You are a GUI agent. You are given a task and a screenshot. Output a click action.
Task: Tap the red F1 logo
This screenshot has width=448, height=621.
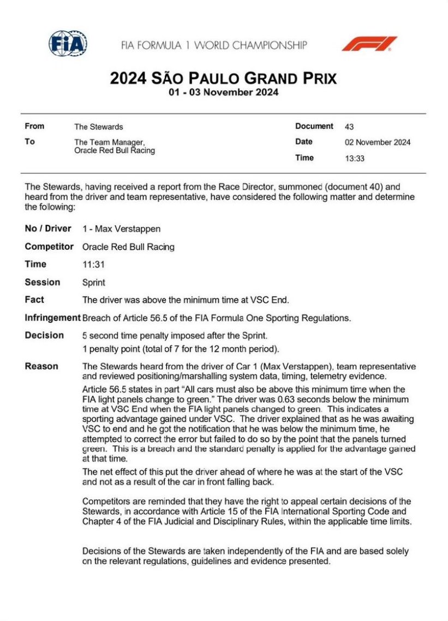point(369,44)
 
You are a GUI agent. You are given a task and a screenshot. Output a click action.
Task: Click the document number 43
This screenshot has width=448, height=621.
point(349,126)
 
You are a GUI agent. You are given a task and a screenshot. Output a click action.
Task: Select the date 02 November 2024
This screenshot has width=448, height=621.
point(378,142)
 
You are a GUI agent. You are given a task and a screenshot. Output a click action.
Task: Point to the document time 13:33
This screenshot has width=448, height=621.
point(355,159)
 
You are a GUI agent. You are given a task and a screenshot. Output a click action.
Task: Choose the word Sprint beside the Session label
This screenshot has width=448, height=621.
point(94,282)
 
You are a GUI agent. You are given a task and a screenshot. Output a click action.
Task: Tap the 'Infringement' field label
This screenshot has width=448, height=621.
point(52,318)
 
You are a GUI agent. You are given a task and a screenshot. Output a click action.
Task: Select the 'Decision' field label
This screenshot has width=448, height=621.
point(44,335)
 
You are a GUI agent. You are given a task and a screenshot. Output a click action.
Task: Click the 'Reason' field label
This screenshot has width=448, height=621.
point(41,366)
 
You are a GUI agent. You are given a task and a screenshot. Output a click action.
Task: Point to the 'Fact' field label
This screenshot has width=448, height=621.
point(34,300)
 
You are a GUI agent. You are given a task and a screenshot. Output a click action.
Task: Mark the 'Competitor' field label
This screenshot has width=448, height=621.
point(49,247)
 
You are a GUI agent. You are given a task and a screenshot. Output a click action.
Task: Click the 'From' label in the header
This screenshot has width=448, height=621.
point(34,126)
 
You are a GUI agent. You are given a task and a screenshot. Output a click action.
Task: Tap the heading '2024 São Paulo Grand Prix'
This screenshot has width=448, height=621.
point(224,78)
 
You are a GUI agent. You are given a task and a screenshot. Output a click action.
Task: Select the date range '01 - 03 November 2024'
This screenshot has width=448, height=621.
point(224,92)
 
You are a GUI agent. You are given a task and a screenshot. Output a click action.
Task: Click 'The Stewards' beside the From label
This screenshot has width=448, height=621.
point(98,126)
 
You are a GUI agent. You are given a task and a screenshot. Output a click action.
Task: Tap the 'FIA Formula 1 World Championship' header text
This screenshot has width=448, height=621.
point(214,45)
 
